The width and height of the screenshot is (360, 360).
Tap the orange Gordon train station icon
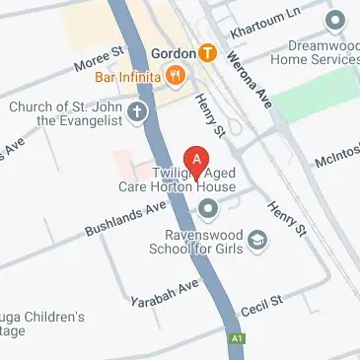click(207, 52)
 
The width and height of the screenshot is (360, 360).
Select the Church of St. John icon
click(137, 111)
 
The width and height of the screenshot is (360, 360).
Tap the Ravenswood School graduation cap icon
click(257, 239)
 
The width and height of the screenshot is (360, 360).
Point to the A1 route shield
click(237, 338)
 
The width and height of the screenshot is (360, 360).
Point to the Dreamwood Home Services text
click(322, 52)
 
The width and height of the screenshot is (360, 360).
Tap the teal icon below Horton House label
click(208, 207)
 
